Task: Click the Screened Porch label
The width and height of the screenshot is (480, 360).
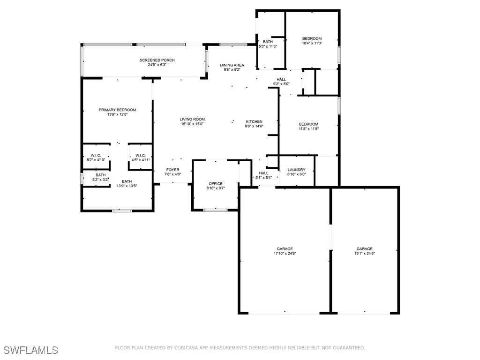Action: (x=157, y=60)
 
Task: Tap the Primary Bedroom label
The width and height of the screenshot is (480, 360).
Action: (x=117, y=110)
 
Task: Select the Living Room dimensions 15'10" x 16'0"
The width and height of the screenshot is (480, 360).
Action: (x=192, y=124)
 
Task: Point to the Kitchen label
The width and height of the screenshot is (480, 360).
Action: (x=254, y=121)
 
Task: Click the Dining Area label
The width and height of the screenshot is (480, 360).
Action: (x=232, y=65)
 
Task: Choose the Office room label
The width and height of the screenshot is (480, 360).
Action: (x=216, y=184)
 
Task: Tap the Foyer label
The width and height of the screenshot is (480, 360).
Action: (x=172, y=170)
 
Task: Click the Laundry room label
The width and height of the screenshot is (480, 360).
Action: (x=296, y=170)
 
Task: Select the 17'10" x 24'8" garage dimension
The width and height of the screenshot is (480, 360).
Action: (x=285, y=254)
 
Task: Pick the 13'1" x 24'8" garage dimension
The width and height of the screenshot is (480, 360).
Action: (x=364, y=254)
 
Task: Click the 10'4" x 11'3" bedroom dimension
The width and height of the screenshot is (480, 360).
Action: (x=312, y=43)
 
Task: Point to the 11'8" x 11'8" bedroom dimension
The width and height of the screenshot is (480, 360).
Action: (x=308, y=129)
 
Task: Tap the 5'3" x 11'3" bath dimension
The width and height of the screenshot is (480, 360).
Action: (x=268, y=46)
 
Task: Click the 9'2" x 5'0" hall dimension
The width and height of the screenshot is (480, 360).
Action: (x=281, y=84)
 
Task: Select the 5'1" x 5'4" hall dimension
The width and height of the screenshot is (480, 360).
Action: (x=263, y=178)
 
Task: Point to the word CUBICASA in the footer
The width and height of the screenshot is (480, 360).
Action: (x=186, y=348)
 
